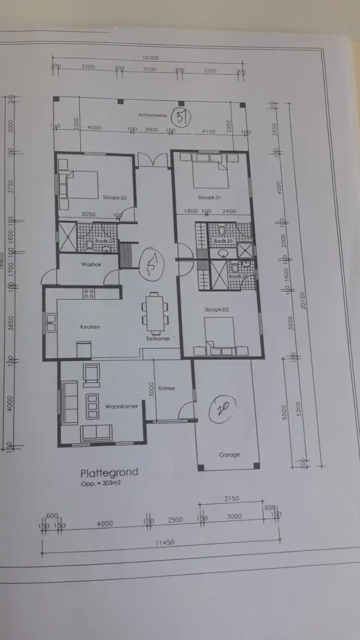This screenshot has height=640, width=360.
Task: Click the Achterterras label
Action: (153, 115)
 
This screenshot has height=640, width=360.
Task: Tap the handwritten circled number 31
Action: (181, 117)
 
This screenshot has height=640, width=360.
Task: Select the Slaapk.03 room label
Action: (114, 198)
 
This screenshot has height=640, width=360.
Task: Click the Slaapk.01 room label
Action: (209, 198)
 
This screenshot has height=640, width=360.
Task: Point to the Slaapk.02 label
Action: (216, 310)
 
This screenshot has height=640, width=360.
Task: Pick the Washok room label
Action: (91, 264)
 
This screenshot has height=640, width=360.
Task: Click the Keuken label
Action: (90, 327)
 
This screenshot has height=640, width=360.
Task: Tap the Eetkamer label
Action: (158, 338)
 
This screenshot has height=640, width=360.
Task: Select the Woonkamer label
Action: (122, 406)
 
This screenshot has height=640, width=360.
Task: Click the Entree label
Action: (167, 388)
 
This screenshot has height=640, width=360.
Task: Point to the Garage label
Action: (230, 455)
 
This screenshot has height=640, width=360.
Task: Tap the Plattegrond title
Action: (109, 473)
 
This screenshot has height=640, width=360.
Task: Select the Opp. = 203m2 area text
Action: (101, 483)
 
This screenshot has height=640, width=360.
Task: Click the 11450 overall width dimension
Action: (165, 543)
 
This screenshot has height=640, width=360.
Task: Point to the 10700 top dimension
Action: (150, 58)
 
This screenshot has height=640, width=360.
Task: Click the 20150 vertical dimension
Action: (303, 300)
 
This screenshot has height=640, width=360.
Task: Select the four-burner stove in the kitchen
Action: (89, 294)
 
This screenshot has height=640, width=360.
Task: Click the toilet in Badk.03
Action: (90, 244)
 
